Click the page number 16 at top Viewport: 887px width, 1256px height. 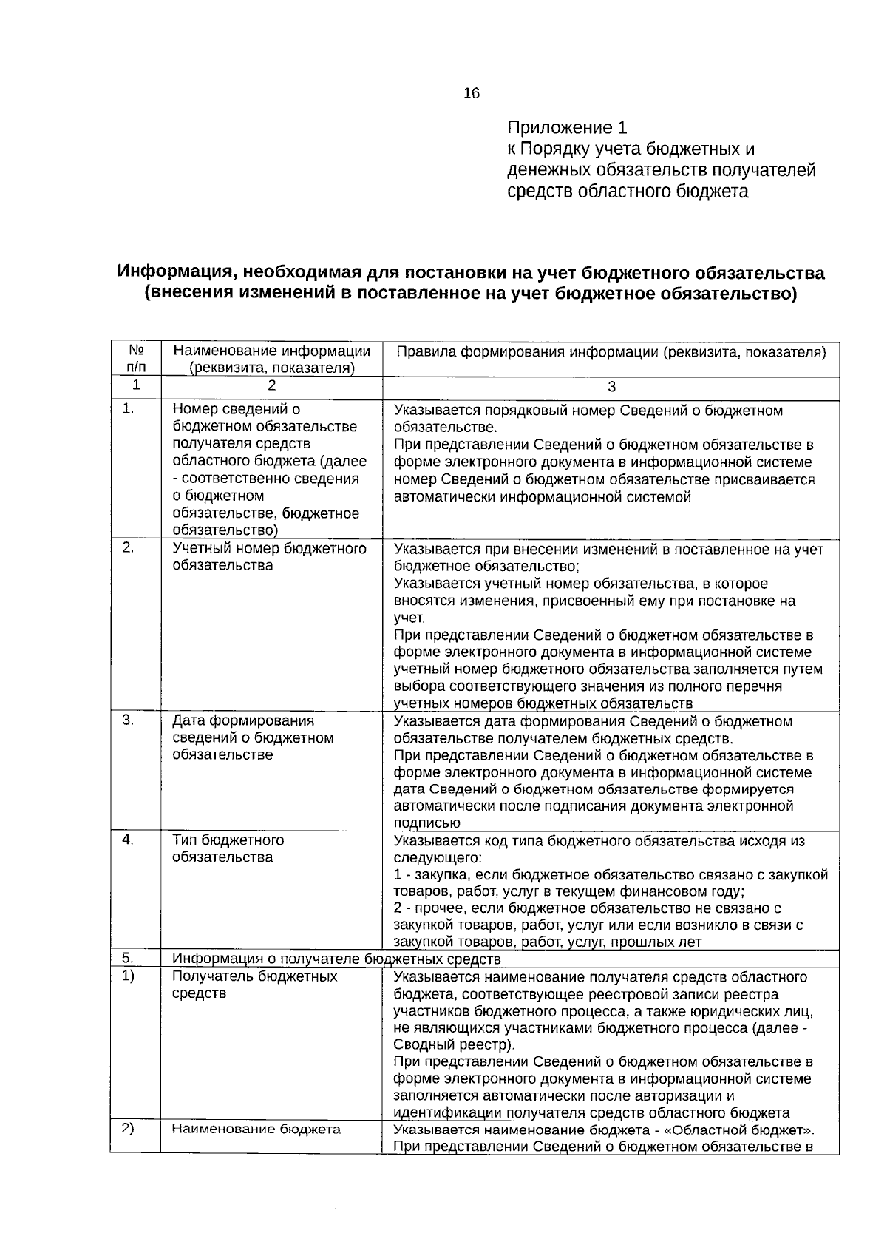(471, 93)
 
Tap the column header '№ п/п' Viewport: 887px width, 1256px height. (136, 358)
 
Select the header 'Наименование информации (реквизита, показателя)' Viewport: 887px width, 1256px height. (271, 359)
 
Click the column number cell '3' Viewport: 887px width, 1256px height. (611, 386)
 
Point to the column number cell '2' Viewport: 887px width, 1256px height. (271, 385)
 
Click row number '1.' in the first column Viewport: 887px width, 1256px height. (129, 408)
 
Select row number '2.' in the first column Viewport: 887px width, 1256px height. (129, 547)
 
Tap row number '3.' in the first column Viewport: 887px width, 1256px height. (129, 720)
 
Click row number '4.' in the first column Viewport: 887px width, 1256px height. (129, 840)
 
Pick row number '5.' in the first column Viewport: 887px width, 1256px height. (129, 959)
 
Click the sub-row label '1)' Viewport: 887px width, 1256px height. (129, 976)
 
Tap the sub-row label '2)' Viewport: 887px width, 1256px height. (129, 1128)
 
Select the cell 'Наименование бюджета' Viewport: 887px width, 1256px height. (256, 1129)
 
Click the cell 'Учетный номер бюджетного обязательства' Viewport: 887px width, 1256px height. (269, 556)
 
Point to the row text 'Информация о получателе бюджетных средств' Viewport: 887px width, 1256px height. (336, 959)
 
